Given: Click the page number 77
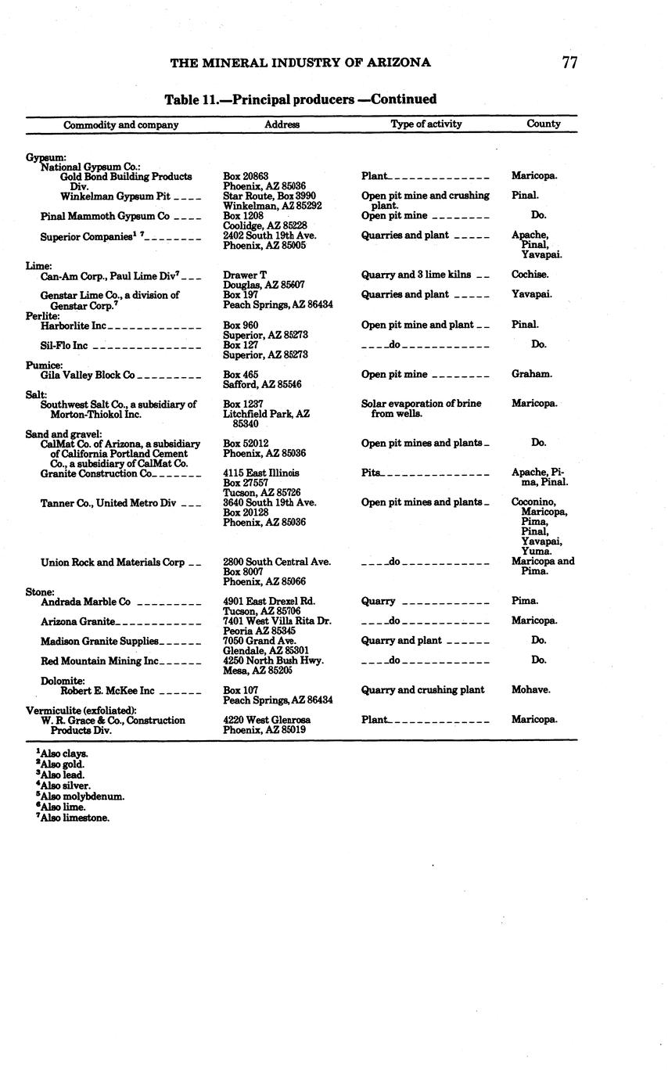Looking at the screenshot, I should click(x=569, y=63).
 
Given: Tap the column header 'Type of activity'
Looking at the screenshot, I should click(x=426, y=124).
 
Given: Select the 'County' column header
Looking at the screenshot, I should click(x=544, y=124).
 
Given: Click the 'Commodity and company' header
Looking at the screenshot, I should click(x=120, y=125).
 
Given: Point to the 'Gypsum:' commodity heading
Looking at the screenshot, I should click(x=45, y=157).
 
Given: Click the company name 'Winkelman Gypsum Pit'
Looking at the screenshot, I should click(x=115, y=196).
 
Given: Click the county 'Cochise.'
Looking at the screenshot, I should click(x=530, y=275).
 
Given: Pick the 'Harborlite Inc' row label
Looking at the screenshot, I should click(x=74, y=325).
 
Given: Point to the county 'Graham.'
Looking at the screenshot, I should click(x=532, y=374).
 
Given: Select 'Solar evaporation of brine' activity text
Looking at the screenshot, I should click(x=421, y=404).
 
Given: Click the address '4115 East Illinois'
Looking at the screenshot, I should click(x=261, y=473).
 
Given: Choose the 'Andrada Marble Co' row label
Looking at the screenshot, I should click(x=85, y=602).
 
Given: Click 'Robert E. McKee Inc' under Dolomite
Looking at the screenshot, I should click(x=107, y=691).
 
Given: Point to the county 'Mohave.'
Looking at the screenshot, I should click(x=531, y=690).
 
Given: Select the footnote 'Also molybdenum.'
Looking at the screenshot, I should click(x=81, y=797).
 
